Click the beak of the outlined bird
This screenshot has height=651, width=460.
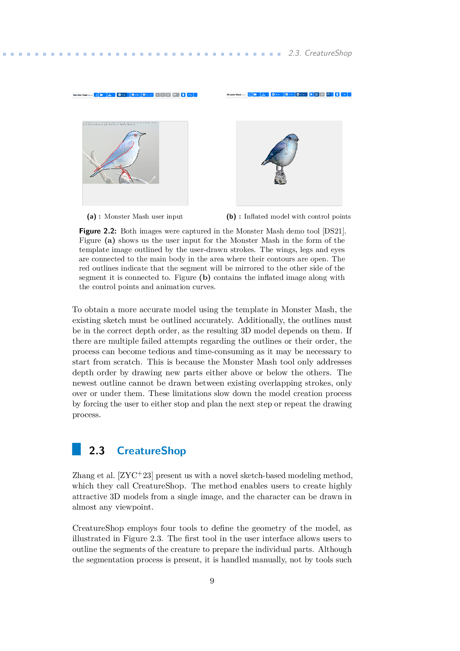[x=143, y=134]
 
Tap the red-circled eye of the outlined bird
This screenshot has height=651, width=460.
[x=136, y=135]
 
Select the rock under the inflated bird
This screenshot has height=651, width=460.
[x=281, y=177]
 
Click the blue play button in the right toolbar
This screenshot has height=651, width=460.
[x=312, y=95]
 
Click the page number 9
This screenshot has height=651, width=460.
[x=212, y=581]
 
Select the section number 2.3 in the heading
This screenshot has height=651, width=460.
[x=97, y=451]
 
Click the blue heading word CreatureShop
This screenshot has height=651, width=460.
[x=151, y=451]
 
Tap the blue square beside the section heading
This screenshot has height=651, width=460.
[x=76, y=449]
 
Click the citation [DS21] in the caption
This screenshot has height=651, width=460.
[x=334, y=231]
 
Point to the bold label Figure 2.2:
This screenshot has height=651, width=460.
[x=98, y=231]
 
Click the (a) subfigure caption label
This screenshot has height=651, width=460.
[x=92, y=217]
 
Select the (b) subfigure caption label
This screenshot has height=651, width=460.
[x=231, y=217]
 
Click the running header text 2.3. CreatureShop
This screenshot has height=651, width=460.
[x=320, y=53]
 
